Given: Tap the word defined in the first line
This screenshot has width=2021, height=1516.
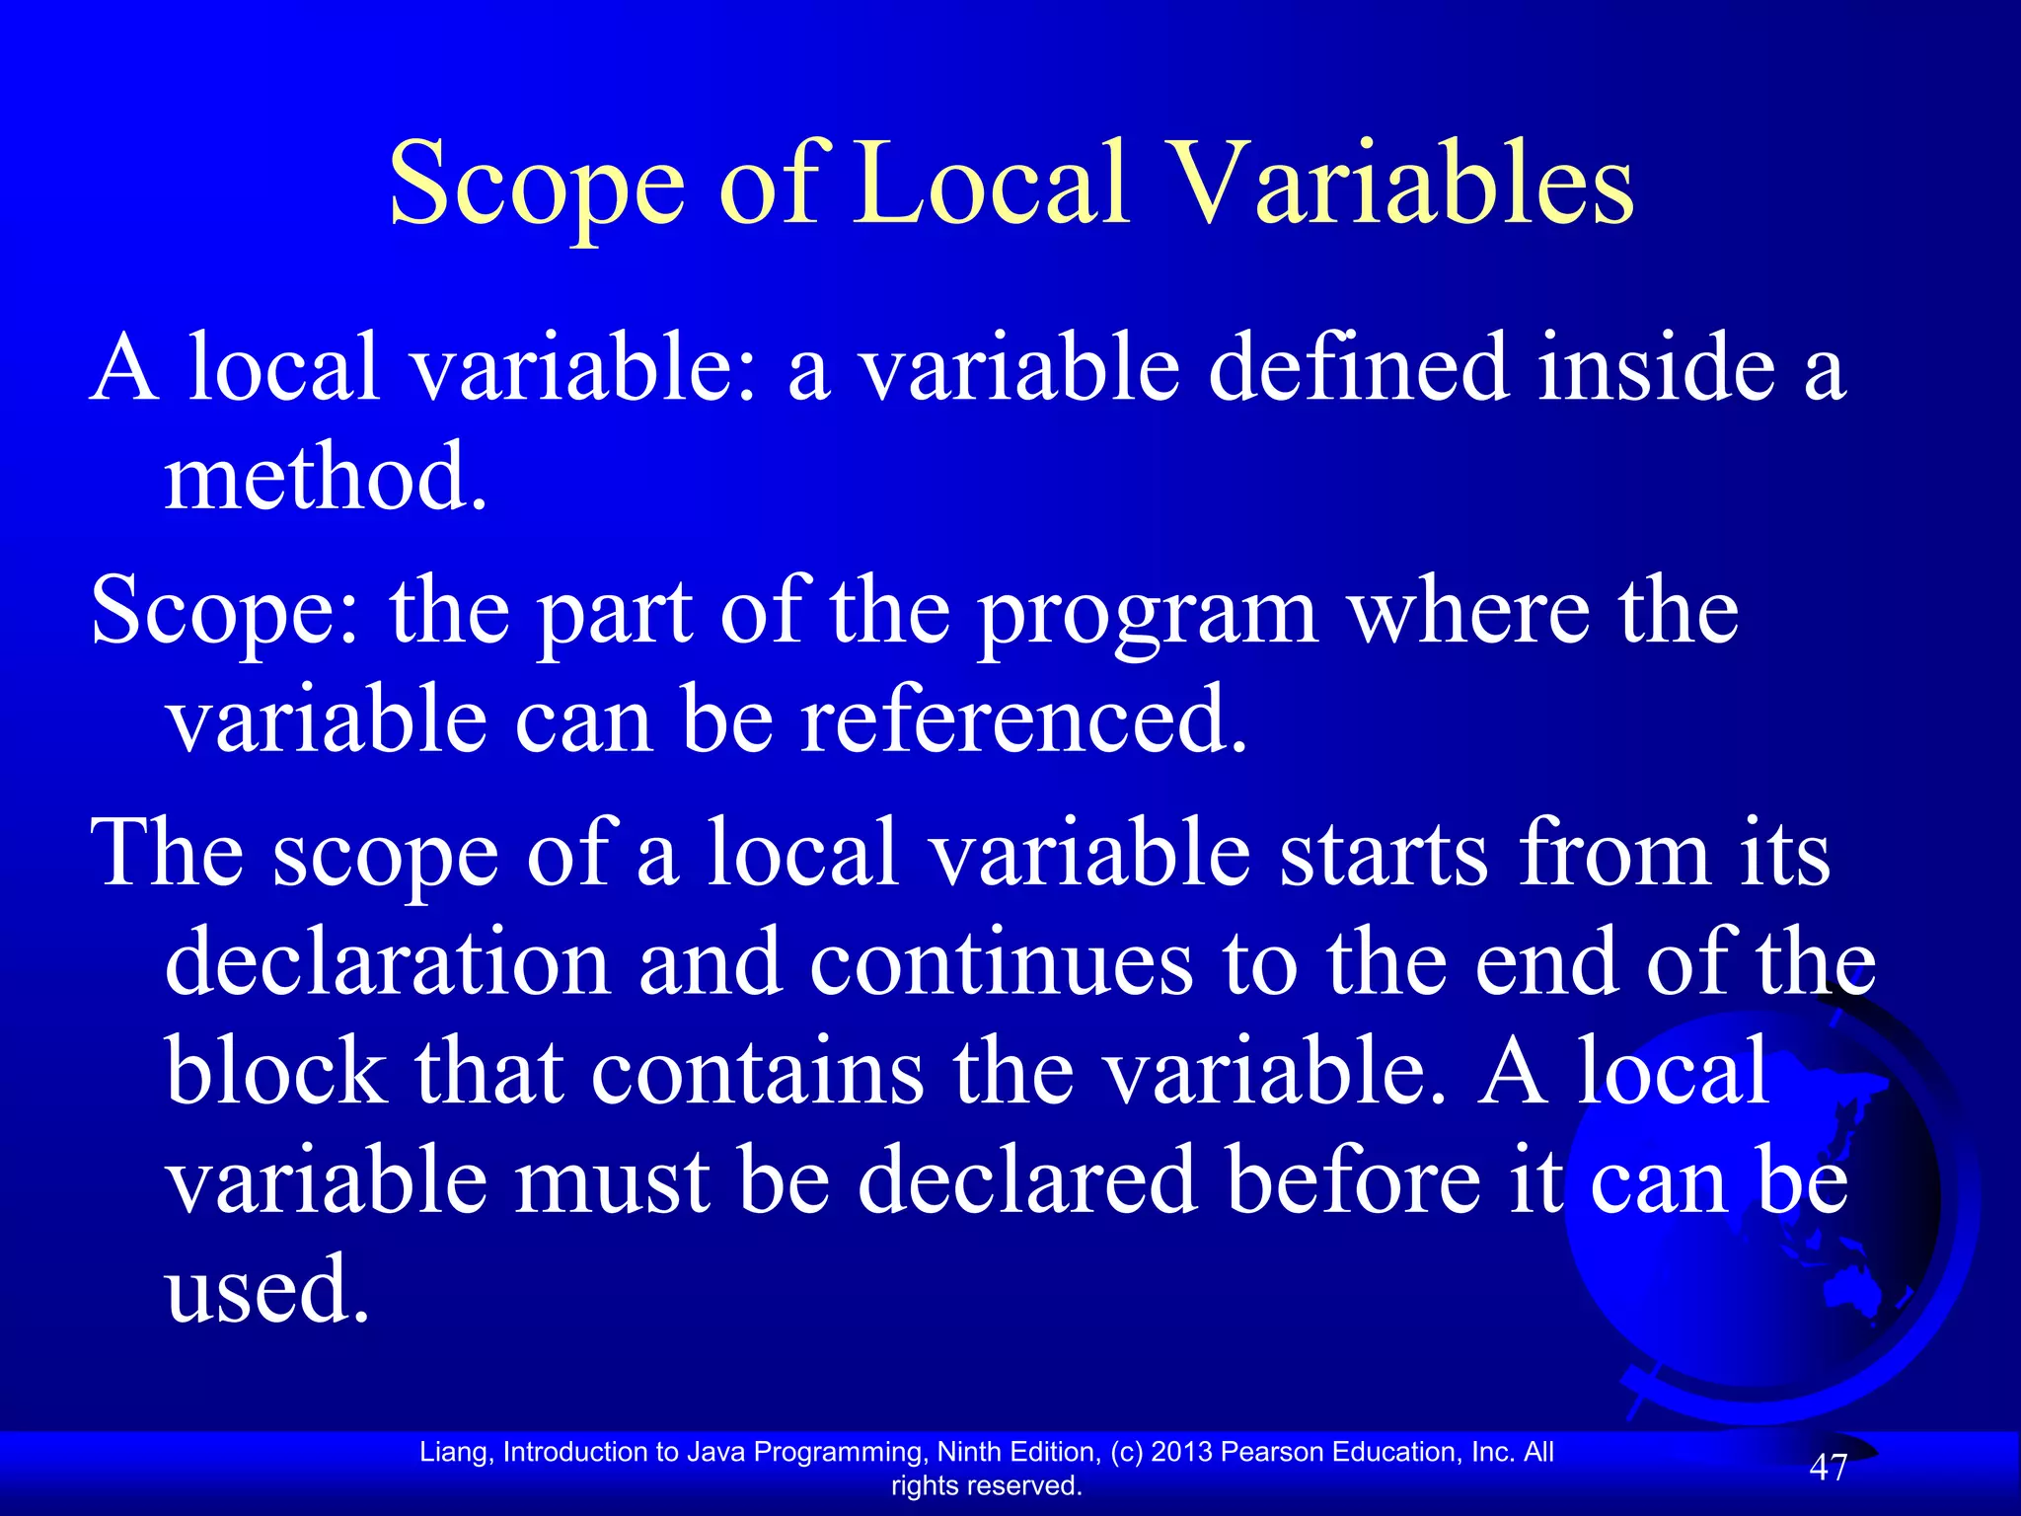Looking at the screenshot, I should click(x=1358, y=368).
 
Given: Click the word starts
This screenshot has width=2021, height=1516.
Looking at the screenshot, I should click(x=1383, y=854).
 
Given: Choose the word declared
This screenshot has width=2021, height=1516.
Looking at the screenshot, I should click(x=1027, y=1181).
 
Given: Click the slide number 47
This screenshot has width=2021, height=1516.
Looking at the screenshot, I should click(x=1827, y=1468).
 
